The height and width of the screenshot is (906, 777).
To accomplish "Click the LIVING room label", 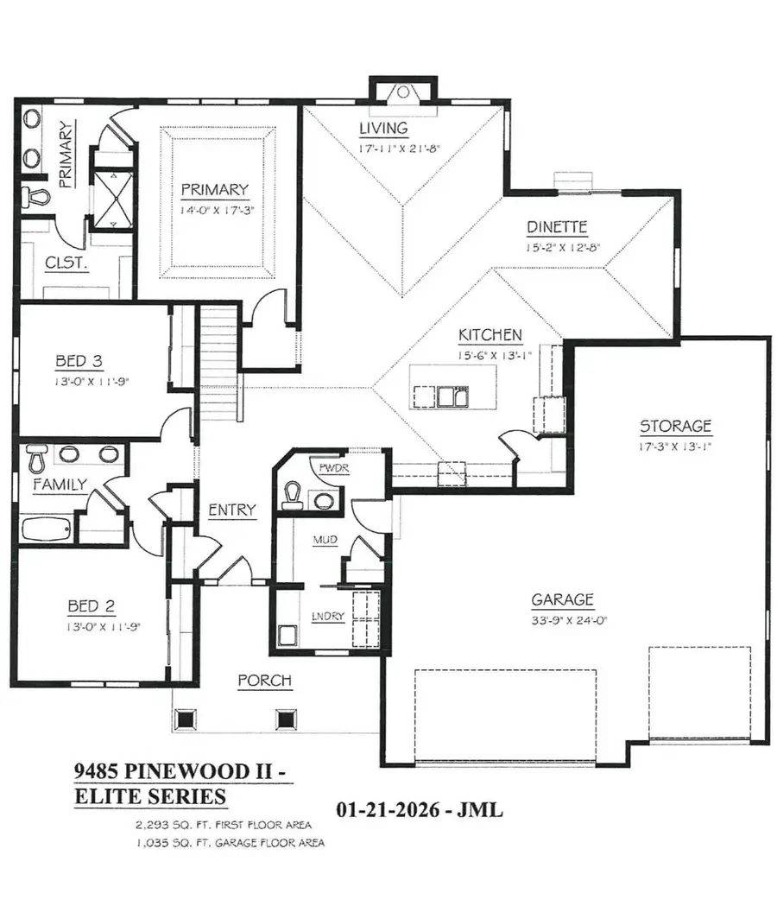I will tap(383, 129).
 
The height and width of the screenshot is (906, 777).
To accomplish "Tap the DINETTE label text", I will tap(557, 228).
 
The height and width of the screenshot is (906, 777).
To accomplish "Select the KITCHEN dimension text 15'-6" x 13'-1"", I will tap(490, 354).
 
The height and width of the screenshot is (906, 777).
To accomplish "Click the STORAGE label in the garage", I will tap(675, 426).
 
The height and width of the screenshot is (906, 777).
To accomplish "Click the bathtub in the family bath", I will tap(47, 529).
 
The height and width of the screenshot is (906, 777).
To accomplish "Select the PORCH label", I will tap(264, 681).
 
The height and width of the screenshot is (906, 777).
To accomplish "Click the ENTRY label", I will tap(231, 510).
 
